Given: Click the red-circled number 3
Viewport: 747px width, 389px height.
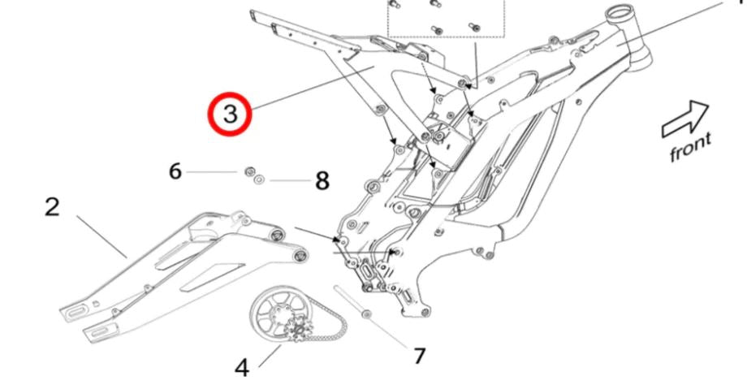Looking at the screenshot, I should (230, 114).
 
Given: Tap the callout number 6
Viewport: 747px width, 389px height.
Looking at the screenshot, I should (175, 172).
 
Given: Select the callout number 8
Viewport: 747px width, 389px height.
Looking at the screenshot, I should (322, 181).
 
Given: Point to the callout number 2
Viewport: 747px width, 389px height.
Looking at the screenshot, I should (52, 207).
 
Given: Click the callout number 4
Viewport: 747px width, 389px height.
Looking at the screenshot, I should (242, 368).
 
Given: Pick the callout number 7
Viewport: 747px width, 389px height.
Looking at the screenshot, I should (419, 356).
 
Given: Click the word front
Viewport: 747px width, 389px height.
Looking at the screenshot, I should (689, 147).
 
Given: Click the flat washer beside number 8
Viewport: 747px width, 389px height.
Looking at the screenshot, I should (259, 180).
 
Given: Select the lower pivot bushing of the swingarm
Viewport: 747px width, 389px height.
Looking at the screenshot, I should (300, 257).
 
